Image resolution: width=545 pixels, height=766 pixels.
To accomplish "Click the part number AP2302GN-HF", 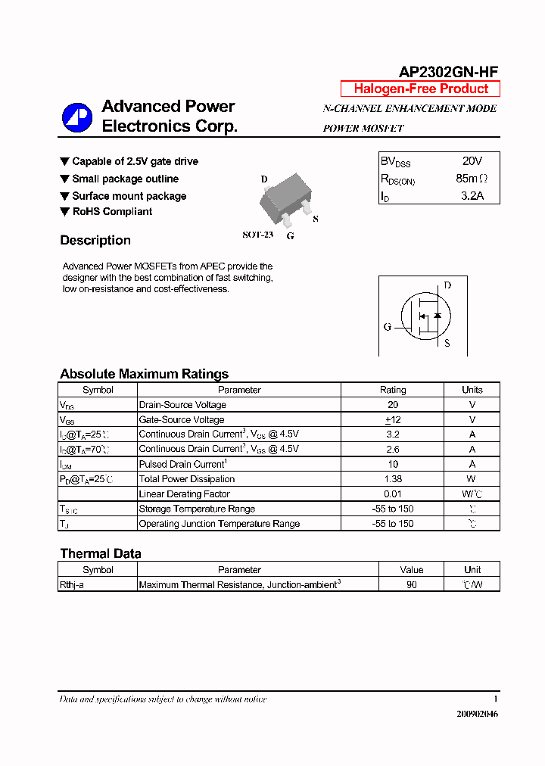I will point(448,72).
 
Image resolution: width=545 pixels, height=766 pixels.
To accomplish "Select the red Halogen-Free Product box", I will point(420,89).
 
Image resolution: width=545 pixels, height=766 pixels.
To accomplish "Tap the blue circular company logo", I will point(76,117).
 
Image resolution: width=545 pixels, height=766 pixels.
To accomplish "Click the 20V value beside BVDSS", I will point(472,161).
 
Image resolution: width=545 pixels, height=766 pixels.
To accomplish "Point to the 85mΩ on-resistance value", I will point(472,179).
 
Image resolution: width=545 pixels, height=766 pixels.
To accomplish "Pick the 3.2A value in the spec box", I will point(472,197).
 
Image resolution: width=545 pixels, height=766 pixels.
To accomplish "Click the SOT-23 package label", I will point(257,235).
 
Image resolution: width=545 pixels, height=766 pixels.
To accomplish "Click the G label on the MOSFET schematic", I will point(388,327).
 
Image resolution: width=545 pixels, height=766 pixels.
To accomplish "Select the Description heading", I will point(95,241).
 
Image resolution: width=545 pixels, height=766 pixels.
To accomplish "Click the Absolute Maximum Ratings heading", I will point(144,374).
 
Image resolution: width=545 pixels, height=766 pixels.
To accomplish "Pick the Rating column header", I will point(393,390).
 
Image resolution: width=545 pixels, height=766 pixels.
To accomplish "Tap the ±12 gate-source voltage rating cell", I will point(393,420).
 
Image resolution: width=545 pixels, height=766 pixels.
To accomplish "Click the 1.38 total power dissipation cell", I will point(393,479).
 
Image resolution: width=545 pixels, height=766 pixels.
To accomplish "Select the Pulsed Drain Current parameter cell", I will point(182,464).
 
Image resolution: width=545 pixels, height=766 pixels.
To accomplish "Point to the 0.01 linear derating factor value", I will point(393,494).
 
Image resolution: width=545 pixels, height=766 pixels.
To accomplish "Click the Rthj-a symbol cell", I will point(72,585).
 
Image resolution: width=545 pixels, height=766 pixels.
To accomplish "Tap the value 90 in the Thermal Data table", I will point(411,585).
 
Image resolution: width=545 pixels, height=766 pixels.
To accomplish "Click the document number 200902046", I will point(478,714).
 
